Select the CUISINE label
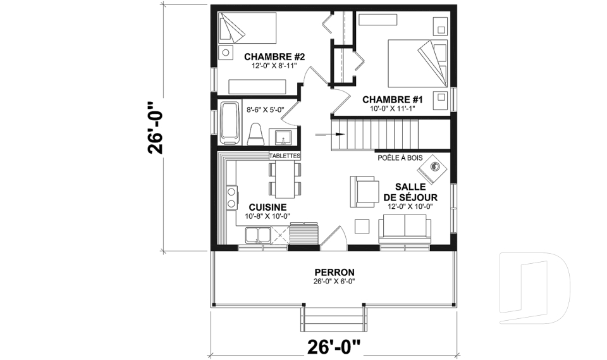tap(267, 207)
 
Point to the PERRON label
tap(333, 272)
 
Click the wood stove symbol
tap(434, 167)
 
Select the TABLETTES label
tap(285, 156)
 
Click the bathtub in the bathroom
tap(230, 123)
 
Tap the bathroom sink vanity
tap(281, 136)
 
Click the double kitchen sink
tap(258, 235)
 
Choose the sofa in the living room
tap(405, 229)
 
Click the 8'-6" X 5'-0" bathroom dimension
tap(265, 109)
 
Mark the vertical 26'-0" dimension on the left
tap(156, 127)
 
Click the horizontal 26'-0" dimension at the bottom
tap(333, 347)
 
